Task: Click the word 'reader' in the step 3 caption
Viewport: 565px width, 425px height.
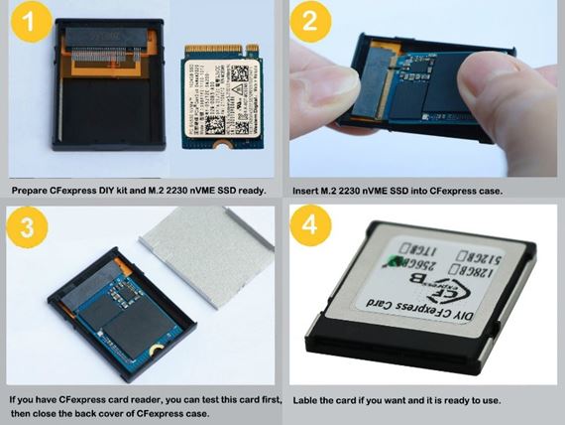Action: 154,397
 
